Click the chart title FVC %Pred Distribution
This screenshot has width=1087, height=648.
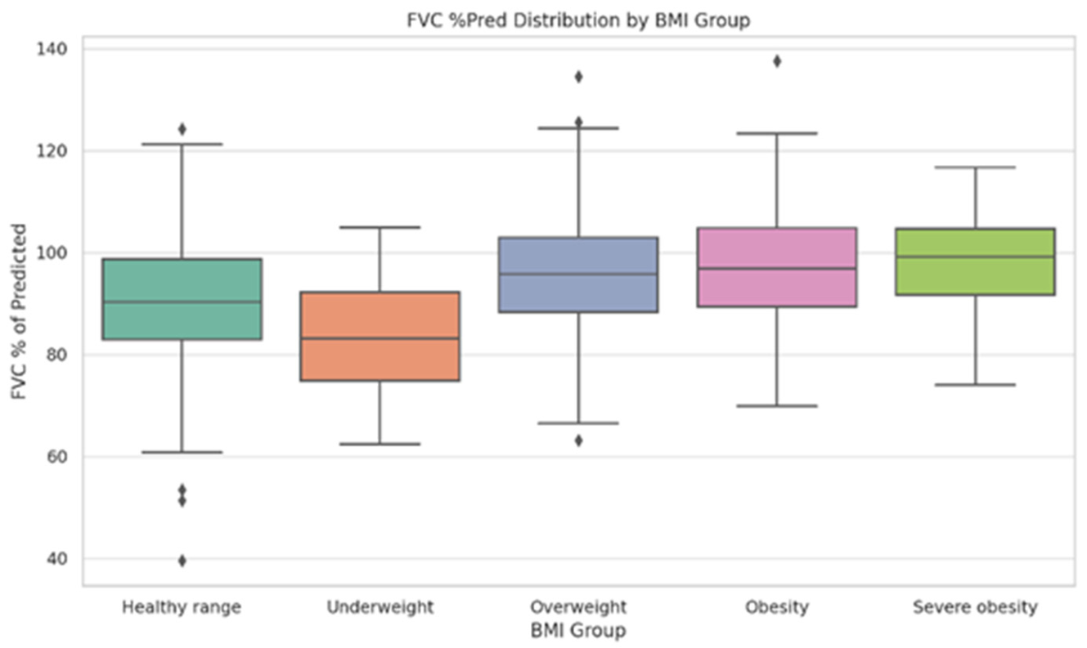click(514, 20)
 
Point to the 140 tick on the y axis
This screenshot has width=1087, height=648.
click(52, 49)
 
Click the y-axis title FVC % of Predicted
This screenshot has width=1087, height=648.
click(19, 311)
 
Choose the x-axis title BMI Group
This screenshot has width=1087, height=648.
click(578, 631)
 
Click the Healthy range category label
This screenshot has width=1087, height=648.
click(182, 607)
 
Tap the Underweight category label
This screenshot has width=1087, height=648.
click(380, 607)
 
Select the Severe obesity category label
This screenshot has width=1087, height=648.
click(976, 607)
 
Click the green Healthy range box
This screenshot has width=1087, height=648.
click(182, 299)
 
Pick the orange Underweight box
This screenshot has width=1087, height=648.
click(380, 337)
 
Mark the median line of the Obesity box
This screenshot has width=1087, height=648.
click(777, 268)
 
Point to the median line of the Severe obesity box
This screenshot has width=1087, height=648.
click(976, 257)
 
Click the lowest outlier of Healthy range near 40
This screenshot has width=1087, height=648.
click(182, 561)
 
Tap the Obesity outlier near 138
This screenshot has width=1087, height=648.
click(777, 61)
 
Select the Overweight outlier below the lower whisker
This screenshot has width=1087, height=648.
click(578, 440)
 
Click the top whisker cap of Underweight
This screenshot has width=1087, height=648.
click(380, 227)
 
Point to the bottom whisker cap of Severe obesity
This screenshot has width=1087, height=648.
click(976, 385)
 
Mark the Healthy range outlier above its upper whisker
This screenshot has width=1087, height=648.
click(182, 129)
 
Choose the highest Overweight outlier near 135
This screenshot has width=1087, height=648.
click(578, 77)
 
